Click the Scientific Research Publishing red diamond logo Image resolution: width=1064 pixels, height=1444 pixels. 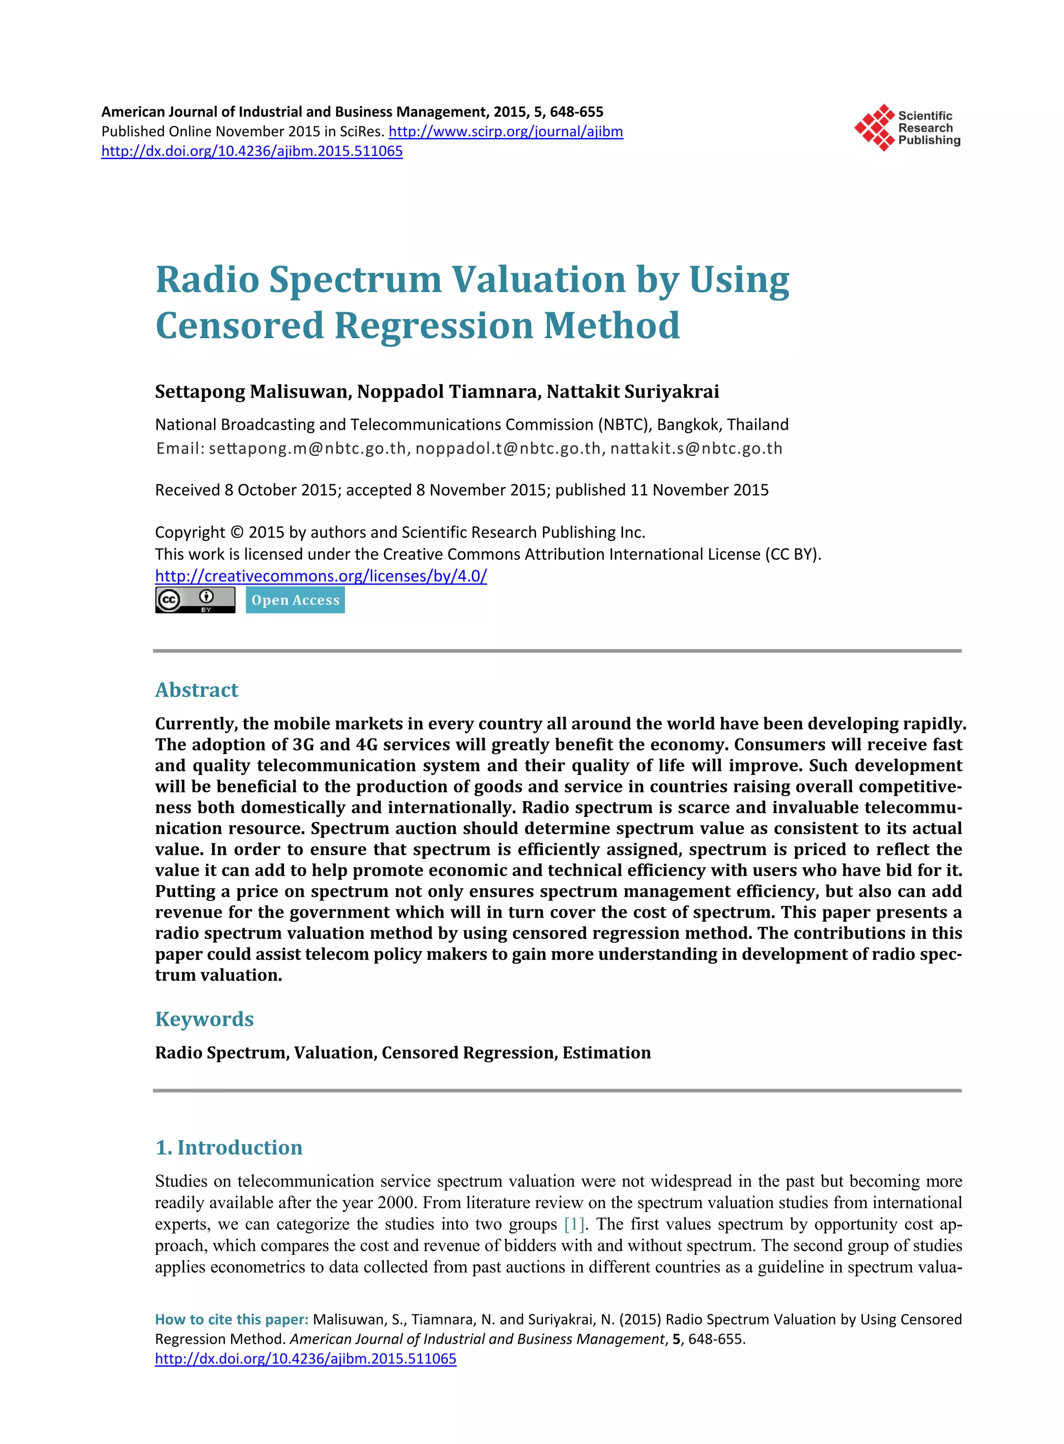(x=874, y=127)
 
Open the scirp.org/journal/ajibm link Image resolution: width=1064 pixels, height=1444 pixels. (x=506, y=131)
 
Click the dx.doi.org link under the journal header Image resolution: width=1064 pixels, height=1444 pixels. (x=252, y=151)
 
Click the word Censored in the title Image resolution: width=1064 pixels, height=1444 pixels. (x=239, y=325)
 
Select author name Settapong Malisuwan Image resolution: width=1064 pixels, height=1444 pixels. (x=252, y=392)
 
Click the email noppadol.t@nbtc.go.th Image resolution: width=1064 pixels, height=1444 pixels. (x=508, y=448)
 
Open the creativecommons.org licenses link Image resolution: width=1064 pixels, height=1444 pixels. (x=321, y=576)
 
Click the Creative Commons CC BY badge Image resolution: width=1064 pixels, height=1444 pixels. (x=195, y=600)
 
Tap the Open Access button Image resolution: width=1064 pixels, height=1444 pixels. (x=295, y=600)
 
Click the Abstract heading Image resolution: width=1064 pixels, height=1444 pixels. (x=196, y=690)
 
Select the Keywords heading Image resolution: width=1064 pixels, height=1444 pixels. (x=204, y=1019)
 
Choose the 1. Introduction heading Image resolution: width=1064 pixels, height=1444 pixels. (x=229, y=1147)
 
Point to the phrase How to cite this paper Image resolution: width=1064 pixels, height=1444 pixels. (x=231, y=1319)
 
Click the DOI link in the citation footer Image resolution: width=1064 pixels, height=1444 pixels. (x=305, y=1358)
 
